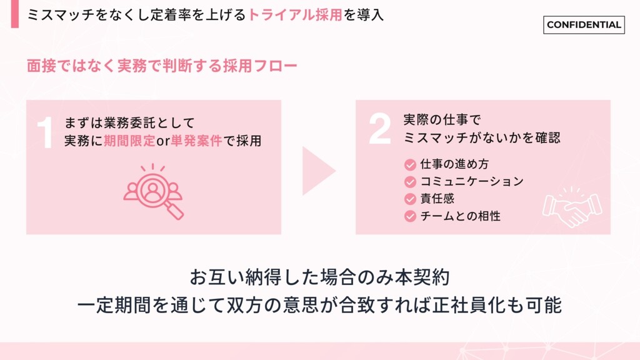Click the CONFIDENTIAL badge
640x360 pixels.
point(584,25)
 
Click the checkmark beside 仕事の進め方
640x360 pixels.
point(410,164)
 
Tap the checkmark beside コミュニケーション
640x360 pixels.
point(410,182)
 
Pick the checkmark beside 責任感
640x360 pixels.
point(410,199)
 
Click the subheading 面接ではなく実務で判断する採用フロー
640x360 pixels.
point(162,66)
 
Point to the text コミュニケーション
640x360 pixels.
point(471,182)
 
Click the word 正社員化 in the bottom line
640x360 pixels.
point(466,306)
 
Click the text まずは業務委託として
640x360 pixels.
point(130,122)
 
